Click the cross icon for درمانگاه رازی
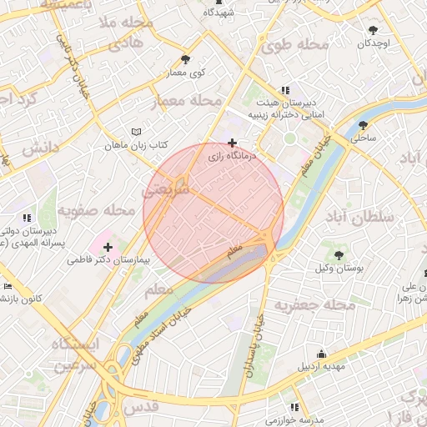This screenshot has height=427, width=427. click(232, 143)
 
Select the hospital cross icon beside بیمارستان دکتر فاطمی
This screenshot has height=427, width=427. click(108, 247)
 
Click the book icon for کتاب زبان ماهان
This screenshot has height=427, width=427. click(137, 132)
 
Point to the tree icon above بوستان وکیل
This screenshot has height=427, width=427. click(339, 254)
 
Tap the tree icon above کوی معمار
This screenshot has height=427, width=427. click(185, 59)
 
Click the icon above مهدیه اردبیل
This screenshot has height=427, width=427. click(322, 353)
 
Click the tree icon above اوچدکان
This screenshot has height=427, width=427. click(373, 30)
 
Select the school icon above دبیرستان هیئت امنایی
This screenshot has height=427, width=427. click(286, 90)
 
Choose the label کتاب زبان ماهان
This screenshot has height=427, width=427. click(136, 145)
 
